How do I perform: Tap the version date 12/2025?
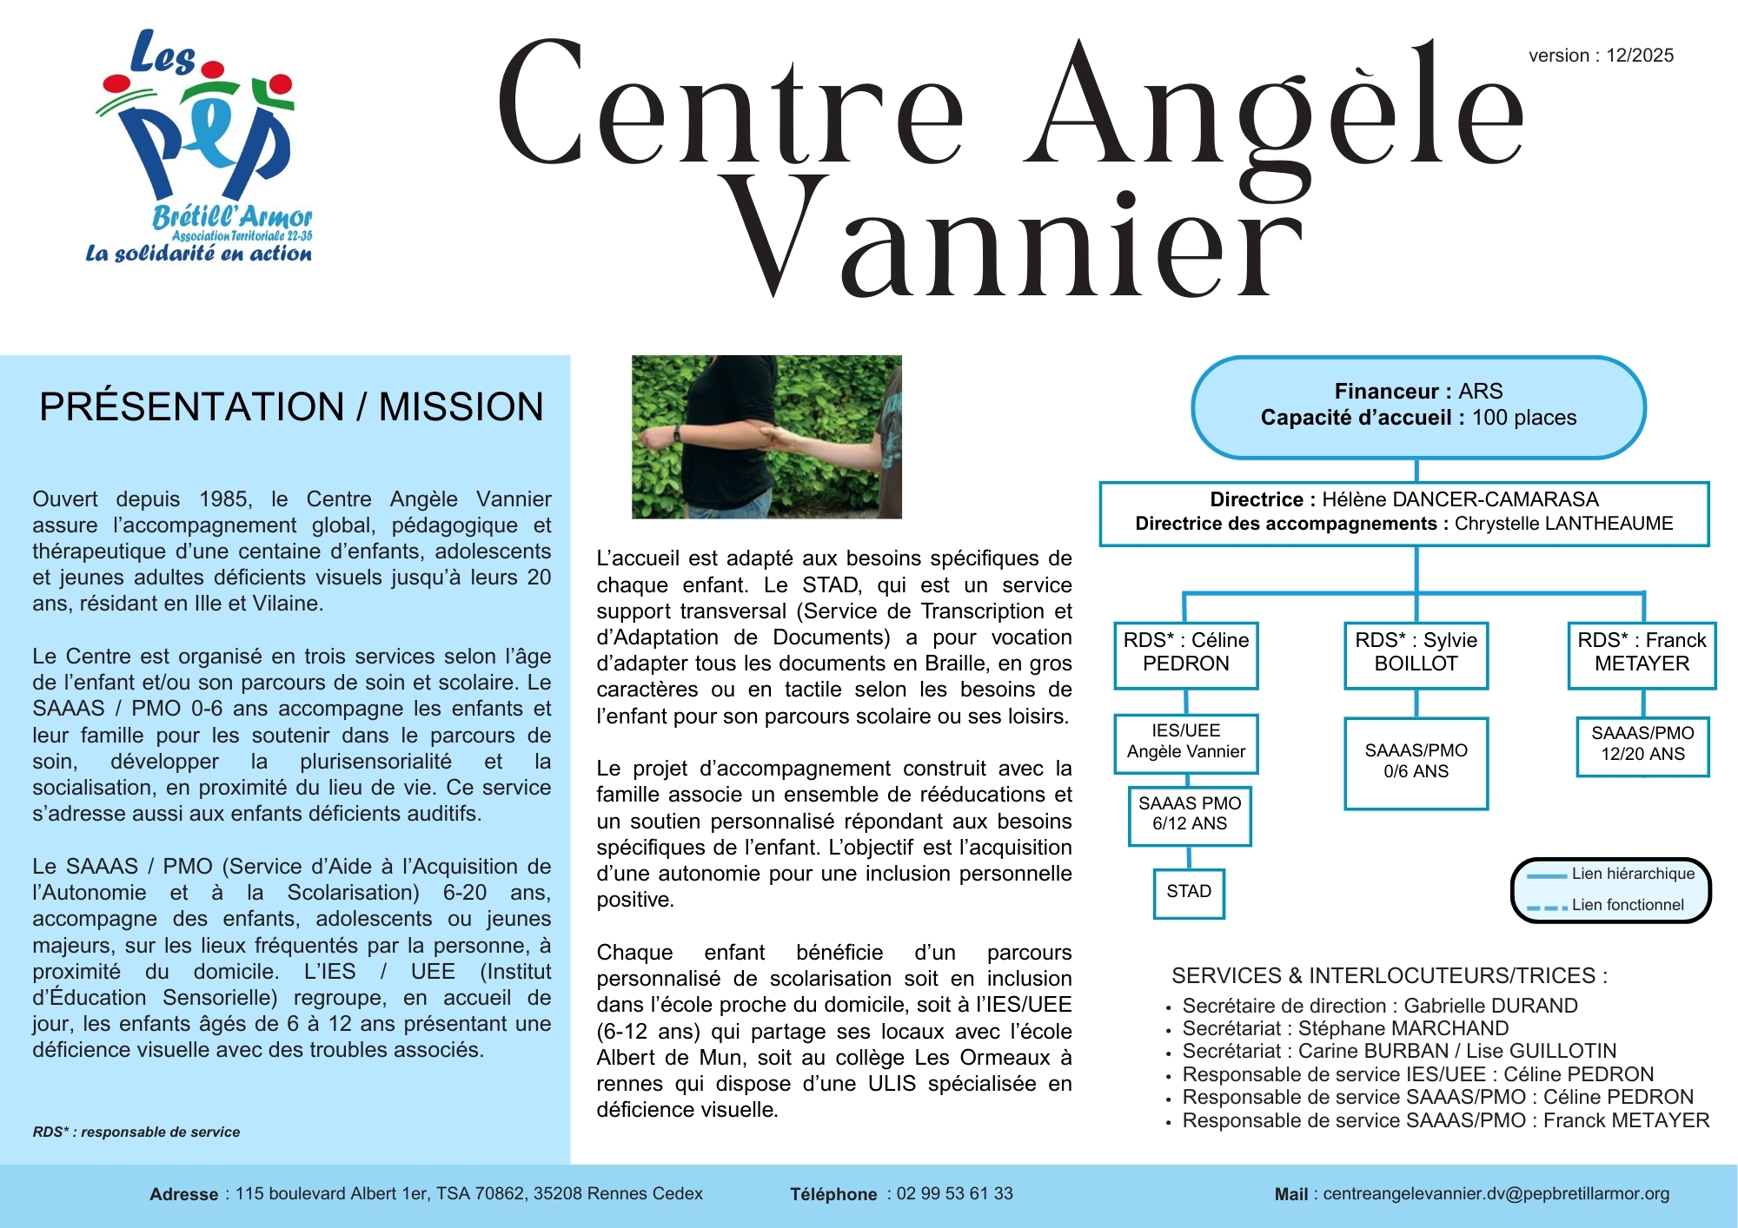[1639, 56]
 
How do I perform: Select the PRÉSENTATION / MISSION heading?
[291, 406]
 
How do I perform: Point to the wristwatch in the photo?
[677, 432]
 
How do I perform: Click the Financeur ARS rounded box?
[1418, 406]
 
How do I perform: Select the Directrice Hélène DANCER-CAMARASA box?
[1403, 512]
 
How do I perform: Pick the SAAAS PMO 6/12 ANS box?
[1190, 814]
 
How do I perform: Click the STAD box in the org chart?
[1189, 892]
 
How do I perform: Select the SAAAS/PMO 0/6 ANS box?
[1416, 762]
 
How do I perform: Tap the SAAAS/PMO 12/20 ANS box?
[1642, 744]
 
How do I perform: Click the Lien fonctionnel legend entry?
[1627, 905]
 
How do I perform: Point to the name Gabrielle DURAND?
[1490, 1006]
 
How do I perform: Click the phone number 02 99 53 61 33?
[954, 1194]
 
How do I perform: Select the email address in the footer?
[1496, 1194]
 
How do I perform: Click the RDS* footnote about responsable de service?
[136, 1132]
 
